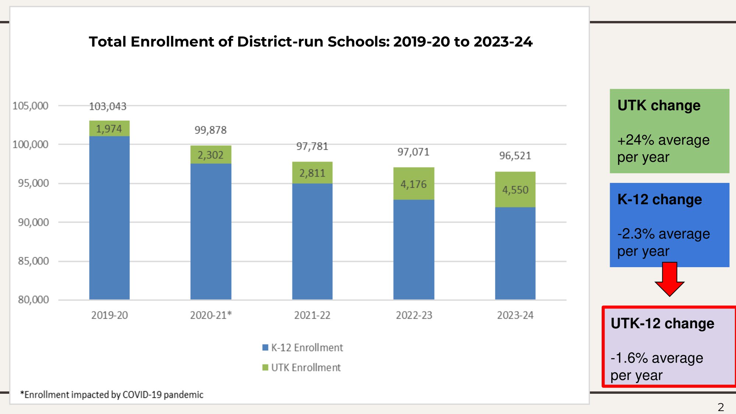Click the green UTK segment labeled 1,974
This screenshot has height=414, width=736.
109,128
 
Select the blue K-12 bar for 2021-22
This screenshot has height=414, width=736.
312,241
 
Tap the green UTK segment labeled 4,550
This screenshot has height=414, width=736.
515,190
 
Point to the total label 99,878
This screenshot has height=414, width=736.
210,130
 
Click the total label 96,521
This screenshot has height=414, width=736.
515,156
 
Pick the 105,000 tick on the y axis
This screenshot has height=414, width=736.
31,106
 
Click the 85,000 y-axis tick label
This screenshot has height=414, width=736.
33,261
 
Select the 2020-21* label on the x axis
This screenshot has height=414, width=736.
210,315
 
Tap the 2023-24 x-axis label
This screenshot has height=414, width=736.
515,315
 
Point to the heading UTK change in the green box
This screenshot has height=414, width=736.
659,106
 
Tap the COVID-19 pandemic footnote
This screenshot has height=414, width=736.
112,394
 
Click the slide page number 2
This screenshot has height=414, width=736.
721,407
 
